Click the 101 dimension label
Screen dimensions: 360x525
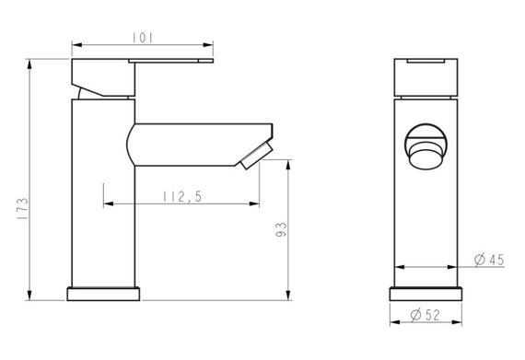(x=143, y=37)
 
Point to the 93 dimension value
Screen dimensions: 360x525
(x=281, y=229)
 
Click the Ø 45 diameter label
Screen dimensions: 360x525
(x=489, y=260)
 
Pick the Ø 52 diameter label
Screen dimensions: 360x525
(x=425, y=316)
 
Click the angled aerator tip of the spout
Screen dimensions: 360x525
(x=255, y=156)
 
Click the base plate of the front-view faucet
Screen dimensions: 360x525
(x=426, y=294)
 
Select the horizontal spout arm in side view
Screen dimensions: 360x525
(x=193, y=143)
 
